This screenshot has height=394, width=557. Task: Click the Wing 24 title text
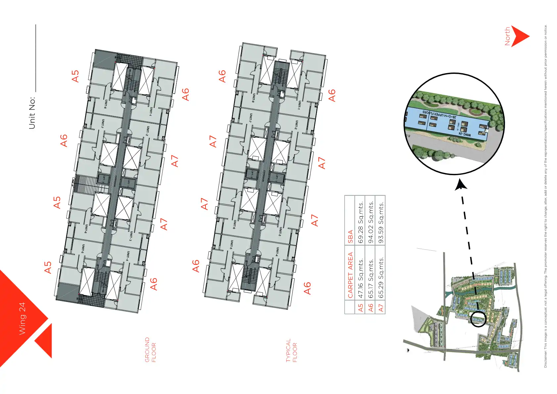point(22,319)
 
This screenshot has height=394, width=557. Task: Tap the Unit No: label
point(32,113)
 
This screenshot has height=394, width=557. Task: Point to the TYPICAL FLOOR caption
point(292,350)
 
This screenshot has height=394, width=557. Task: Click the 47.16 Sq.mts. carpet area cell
point(361,278)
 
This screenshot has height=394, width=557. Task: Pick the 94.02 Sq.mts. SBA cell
point(371,222)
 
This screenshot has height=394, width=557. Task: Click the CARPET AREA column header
point(350,274)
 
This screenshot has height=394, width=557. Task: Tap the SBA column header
point(350,236)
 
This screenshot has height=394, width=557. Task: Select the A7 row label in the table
point(381,308)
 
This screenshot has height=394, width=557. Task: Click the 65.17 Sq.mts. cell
point(371,278)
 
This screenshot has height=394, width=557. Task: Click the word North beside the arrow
point(507,36)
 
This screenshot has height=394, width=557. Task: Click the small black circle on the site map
point(478,319)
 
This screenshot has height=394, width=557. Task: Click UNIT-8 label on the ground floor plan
point(106,104)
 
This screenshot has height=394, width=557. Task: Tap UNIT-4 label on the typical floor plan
point(277,252)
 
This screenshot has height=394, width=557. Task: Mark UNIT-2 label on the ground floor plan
point(148,131)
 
